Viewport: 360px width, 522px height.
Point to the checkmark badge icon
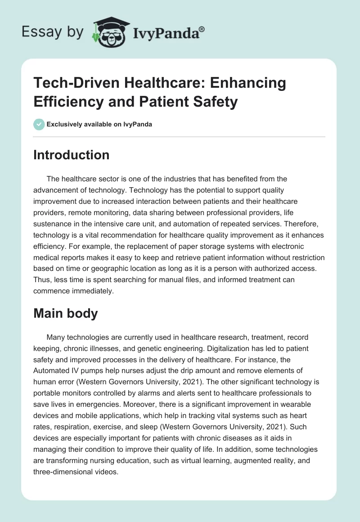(39, 124)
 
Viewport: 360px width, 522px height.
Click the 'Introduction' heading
(71, 155)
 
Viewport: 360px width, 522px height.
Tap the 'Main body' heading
(65, 313)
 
